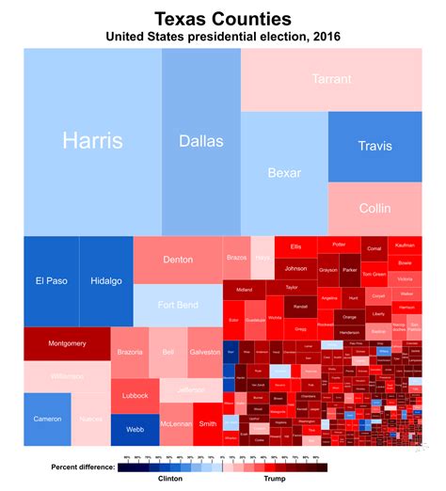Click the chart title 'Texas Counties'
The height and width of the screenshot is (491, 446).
coord(222,19)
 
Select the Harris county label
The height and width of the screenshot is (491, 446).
coord(92,140)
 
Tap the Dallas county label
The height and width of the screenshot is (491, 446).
coord(200,141)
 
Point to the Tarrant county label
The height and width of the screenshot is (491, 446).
coord(331,79)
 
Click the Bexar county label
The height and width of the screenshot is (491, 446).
coord(284,172)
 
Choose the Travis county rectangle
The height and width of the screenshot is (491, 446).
coord(374,146)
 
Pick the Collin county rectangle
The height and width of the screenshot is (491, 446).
coord(374,208)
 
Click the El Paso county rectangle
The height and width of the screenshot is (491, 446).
coord(51,280)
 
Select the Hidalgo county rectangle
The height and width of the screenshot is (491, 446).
coord(105,280)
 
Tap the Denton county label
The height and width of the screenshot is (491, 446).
coord(178,259)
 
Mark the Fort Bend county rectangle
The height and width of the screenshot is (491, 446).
coord(178,305)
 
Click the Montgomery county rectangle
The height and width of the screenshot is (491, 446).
coord(67,343)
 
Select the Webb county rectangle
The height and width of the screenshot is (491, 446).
coord(135,429)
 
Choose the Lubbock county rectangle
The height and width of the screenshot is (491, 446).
coord(135,395)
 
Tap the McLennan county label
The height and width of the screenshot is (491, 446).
coord(176,424)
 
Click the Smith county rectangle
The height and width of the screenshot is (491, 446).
coord(206,424)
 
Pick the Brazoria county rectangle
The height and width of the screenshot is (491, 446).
coord(130,352)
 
